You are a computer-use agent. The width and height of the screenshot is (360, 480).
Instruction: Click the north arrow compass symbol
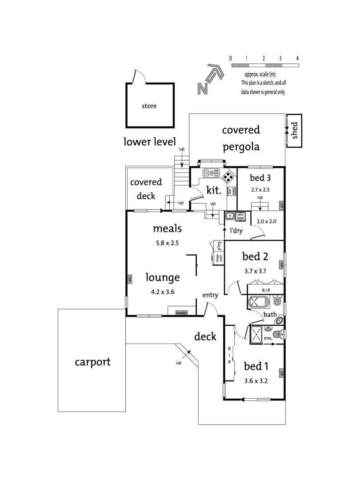click(209, 80)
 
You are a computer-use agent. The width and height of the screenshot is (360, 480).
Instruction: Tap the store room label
click(149, 106)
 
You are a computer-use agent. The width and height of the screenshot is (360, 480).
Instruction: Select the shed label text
click(294, 130)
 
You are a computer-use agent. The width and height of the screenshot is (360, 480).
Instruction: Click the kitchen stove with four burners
click(228, 176)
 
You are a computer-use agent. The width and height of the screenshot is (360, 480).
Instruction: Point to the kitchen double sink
click(212, 173)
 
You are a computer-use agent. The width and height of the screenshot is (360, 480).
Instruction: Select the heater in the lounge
click(182, 313)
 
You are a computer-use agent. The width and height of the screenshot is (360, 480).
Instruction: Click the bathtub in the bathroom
click(258, 302)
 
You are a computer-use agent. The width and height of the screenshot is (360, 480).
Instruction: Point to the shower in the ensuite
click(256, 333)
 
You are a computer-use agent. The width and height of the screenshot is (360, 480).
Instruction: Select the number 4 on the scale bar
click(297, 58)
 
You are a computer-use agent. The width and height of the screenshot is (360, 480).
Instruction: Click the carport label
click(92, 362)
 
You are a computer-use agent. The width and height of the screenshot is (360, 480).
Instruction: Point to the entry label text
click(210, 295)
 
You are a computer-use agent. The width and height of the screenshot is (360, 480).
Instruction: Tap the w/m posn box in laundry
click(241, 216)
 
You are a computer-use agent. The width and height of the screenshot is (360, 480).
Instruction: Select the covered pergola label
click(240, 138)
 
